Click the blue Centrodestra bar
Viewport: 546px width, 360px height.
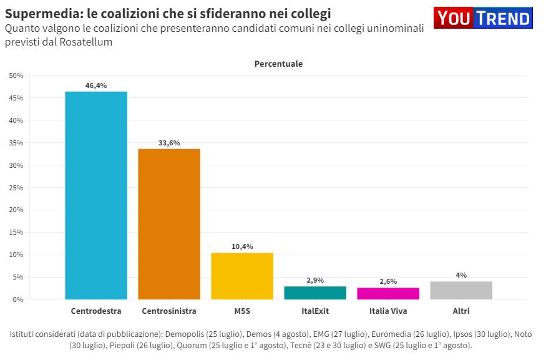click(96, 195)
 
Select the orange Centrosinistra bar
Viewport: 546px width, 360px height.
click(169, 224)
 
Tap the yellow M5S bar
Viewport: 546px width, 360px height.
click(242, 276)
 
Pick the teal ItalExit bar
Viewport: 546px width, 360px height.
click(315, 293)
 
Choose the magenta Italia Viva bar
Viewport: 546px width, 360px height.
click(388, 293)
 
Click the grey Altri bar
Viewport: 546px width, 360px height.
click(461, 290)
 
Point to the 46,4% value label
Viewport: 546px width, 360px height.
click(96, 85)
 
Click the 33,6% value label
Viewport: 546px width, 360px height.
click(169, 143)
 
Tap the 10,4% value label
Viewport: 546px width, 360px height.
click(242, 246)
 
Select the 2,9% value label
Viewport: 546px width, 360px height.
click(315, 280)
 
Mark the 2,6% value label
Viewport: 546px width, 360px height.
click(388, 281)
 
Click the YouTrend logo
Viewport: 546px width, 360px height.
click(484, 18)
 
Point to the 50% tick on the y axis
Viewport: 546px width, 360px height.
click(16, 75)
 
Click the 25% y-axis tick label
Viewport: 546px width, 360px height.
click(16, 187)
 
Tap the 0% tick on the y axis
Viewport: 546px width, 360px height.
click(18, 299)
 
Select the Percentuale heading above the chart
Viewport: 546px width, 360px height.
click(278, 64)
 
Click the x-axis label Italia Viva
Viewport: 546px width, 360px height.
click(388, 311)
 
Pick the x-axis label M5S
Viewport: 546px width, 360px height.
click(242, 311)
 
